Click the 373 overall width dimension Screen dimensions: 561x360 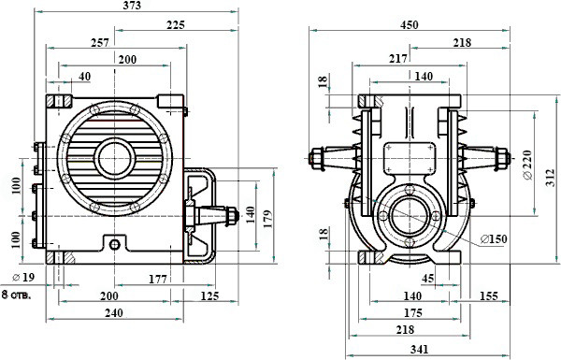(x=132, y=6)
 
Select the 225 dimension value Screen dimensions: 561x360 (x=176, y=25)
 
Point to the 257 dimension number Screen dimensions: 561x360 (x=100, y=43)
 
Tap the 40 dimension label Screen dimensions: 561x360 (x=85, y=77)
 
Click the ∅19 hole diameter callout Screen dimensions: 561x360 (x=23, y=277)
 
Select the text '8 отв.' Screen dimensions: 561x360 (x=16, y=295)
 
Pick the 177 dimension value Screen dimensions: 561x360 (x=158, y=279)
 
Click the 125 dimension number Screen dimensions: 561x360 (x=209, y=295)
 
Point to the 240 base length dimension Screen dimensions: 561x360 (x=114, y=312)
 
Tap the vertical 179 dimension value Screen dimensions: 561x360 (x=267, y=219)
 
